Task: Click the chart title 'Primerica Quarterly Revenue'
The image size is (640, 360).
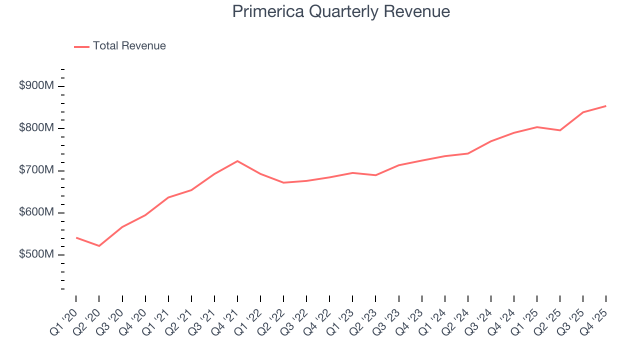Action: pyautogui.click(x=341, y=11)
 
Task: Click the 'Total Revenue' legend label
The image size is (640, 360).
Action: pyautogui.click(x=129, y=46)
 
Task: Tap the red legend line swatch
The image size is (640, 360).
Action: pyautogui.click(x=82, y=46)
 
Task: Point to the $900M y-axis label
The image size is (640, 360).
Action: pyautogui.click(x=36, y=86)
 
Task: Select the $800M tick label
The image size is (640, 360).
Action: pyautogui.click(x=36, y=128)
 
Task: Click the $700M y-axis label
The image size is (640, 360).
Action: pyautogui.click(x=36, y=170)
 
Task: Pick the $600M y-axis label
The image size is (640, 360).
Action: pyautogui.click(x=36, y=212)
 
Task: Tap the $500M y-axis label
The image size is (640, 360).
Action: pyautogui.click(x=36, y=254)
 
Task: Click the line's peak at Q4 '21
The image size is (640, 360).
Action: pyautogui.click(x=237, y=161)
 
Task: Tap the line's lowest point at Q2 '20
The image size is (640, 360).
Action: pyautogui.click(x=99, y=246)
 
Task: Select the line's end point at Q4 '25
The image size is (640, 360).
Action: pyautogui.click(x=606, y=106)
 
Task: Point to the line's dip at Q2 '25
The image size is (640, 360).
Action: pyautogui.click(x=560, y=130)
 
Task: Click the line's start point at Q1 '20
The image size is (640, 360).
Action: pyautogui.click(x=76, y=237)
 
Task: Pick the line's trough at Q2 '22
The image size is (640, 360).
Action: pyautogui.click(x=283, y=182)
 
